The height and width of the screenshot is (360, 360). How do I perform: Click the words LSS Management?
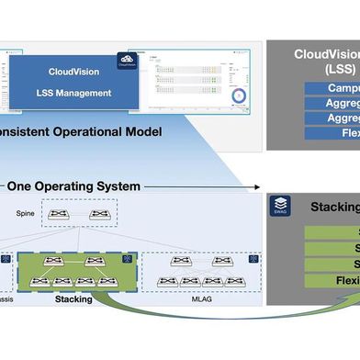coord(73,92)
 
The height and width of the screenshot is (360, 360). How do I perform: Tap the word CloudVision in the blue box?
coord(73,67)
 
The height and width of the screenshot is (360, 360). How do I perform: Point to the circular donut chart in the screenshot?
coord(240,96)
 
